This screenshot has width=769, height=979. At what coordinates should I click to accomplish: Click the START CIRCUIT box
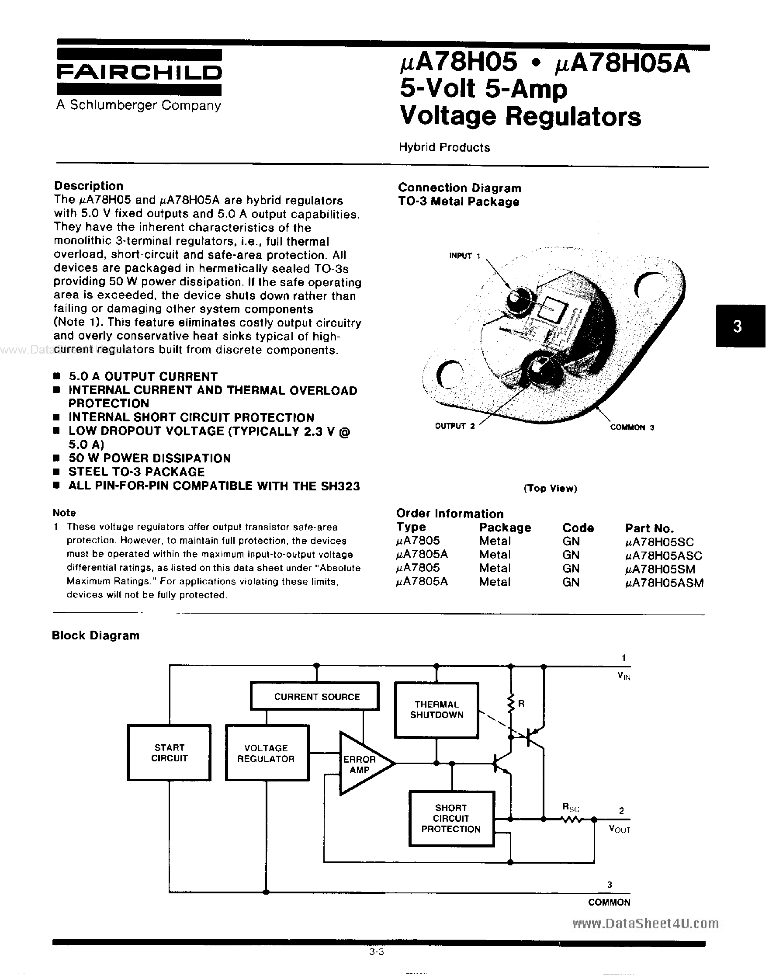(x=169, y=753)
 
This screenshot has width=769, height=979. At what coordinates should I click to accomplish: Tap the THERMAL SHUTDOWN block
(x=436, y=710)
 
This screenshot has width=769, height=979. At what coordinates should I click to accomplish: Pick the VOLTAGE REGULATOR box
(x=267, y=753)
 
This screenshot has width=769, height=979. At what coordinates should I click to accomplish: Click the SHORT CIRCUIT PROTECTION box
(x=451, y=819)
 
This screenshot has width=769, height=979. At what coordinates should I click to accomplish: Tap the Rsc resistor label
(x=571, y=807)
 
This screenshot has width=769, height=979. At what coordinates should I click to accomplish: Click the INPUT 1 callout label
(x=464, y=256)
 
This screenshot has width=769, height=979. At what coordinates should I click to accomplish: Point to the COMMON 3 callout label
(x=632, y=427)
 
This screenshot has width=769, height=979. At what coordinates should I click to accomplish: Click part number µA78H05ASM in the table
(x=664, y=583)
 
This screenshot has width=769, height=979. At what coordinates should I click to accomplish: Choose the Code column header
(x=578, y=528)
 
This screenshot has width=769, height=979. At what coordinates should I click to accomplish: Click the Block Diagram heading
(x=96, y=635)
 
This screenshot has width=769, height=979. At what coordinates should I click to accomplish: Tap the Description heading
(x=89, y=186)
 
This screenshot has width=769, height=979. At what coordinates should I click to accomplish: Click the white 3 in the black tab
(x=737, y=326)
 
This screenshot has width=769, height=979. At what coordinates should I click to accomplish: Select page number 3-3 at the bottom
(x=376, y=951)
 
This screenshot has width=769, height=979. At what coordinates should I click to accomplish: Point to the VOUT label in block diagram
(x=619, y=829)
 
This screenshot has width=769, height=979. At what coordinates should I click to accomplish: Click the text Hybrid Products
(x=444, y=147)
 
